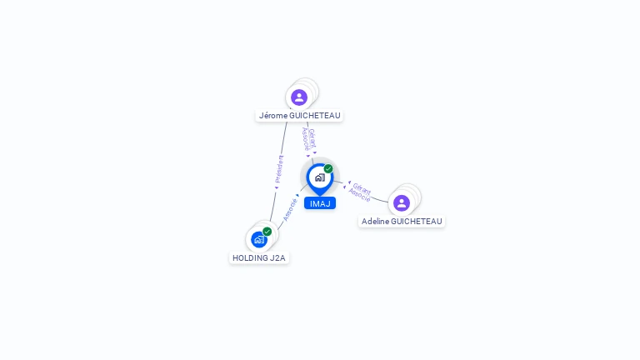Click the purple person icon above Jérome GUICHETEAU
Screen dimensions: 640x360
[x=299, y=97]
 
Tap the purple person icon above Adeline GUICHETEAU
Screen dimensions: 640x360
[x=402, y=203]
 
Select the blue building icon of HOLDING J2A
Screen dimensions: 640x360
[x=259, y=240]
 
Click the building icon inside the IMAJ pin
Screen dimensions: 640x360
[x=319, y=177]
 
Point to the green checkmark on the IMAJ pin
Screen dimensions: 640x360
[x=328, y=168]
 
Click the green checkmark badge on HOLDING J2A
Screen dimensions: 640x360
[x=267, y=231]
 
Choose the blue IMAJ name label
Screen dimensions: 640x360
[x=319, y=203]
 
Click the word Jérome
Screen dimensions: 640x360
[x=272, y=116]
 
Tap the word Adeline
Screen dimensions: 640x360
[x=377, y=222]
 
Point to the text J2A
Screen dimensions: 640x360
[x=277, y=258]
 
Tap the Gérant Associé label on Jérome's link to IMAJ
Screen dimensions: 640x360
[x=308, y=138]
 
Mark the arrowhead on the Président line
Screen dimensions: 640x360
[x=277, y=187]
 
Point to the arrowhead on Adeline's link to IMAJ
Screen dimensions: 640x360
[x=347, y=183]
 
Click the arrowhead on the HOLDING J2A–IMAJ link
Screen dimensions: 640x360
[x=297, y=196]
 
